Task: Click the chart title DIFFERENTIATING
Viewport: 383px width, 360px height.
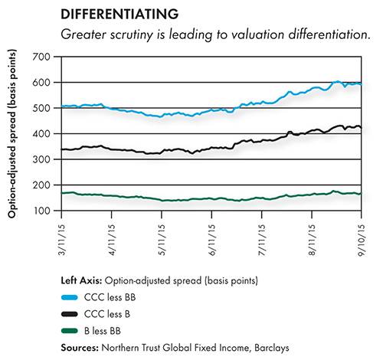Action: [119, 14]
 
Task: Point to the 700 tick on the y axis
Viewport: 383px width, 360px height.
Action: [41, 57]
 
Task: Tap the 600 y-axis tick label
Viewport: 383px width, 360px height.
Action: [41, 83]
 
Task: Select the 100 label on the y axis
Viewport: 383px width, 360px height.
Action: [42, 211]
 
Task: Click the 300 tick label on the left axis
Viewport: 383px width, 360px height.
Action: [41, 159]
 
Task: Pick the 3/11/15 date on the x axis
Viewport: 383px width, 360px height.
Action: [61, 240]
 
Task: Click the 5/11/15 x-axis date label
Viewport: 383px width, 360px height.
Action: [162, 240]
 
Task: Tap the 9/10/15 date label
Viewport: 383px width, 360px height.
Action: [362, 240]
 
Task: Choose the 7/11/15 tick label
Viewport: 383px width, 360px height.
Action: [262, 240]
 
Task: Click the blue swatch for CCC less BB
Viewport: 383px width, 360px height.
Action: [70, 297]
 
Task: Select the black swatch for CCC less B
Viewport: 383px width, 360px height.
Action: [70, 314]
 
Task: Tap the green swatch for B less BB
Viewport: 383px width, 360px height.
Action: [70, 331]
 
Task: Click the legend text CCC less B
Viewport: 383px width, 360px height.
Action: [107, 314]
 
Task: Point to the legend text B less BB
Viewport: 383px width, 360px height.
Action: [103, 331]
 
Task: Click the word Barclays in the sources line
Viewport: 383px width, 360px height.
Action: [272, 348]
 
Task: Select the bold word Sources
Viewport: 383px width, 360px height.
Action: [80, 348]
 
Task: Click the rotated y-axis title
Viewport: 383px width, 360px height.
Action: [11, 133]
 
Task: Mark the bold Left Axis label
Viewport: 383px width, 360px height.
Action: [81, 280]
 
